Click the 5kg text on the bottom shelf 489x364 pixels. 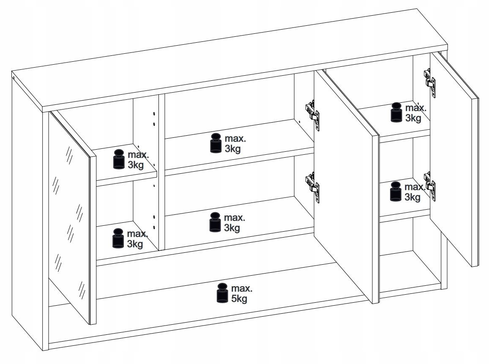[x=239, y=298]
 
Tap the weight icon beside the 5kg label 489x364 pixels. [x=222, y=293]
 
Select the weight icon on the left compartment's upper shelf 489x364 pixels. [x=119, y=159]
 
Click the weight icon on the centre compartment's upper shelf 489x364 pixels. [x=216, y=143]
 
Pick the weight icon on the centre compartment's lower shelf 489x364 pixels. [x=215, y=222]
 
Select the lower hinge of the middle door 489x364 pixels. [x=312, y=188]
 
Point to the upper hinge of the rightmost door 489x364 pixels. [x=430, y=83]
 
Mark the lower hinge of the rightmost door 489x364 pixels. [x=430, y=186]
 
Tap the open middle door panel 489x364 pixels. [x=346, y=187]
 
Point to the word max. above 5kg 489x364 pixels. [x=242, y=288]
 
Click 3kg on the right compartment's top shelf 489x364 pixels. [x=413, y=118]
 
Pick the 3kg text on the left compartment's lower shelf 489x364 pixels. [x=135, y=244]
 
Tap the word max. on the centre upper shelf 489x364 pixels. [x=235, y=139]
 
